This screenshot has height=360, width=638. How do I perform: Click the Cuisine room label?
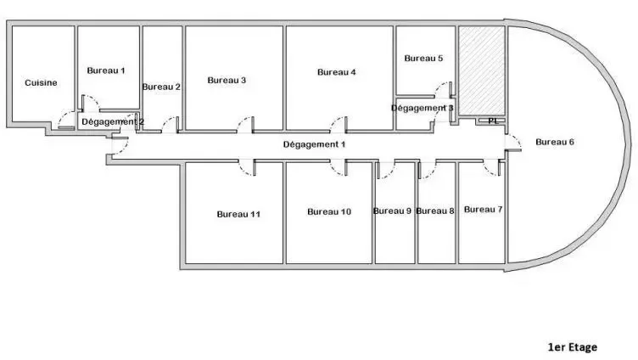(x=41, y=82)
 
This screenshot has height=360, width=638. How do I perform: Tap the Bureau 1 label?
(x=106, y=70)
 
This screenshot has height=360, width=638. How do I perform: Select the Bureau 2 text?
(x=161, y=87)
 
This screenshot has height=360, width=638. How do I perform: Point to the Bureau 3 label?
(x=227, y=80)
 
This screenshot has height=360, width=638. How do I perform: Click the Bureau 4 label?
(x=337, y=72)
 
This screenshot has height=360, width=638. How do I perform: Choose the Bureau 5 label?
(x=423, y=59)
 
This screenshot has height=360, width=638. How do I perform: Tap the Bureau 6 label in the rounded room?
(x=555, y=142)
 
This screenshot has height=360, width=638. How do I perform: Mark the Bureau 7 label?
(x=483, y=210)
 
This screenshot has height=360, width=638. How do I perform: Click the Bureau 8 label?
(x=435, y=211)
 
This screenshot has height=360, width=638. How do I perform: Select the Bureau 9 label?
(x=392, y=211)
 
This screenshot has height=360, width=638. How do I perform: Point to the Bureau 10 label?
(x=329, y=211)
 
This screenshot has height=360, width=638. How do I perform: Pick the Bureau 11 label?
(x=238, y=214)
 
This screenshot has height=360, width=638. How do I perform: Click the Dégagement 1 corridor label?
(x=314, y=144)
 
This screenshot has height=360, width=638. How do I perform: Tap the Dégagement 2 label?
(x=113, y=121)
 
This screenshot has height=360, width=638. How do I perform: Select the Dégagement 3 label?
(x=423, y=108)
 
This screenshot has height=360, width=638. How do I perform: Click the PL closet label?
(x=493, y=121)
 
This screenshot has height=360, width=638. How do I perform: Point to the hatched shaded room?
(x=482, y=70)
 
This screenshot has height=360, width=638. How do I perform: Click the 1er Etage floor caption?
(x=573, y=347)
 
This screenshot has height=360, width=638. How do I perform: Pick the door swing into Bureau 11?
(x=247, y=168)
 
